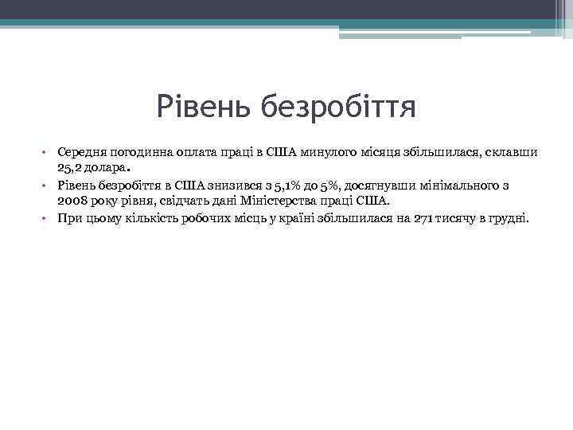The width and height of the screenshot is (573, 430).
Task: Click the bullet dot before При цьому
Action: coord(47,217)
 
